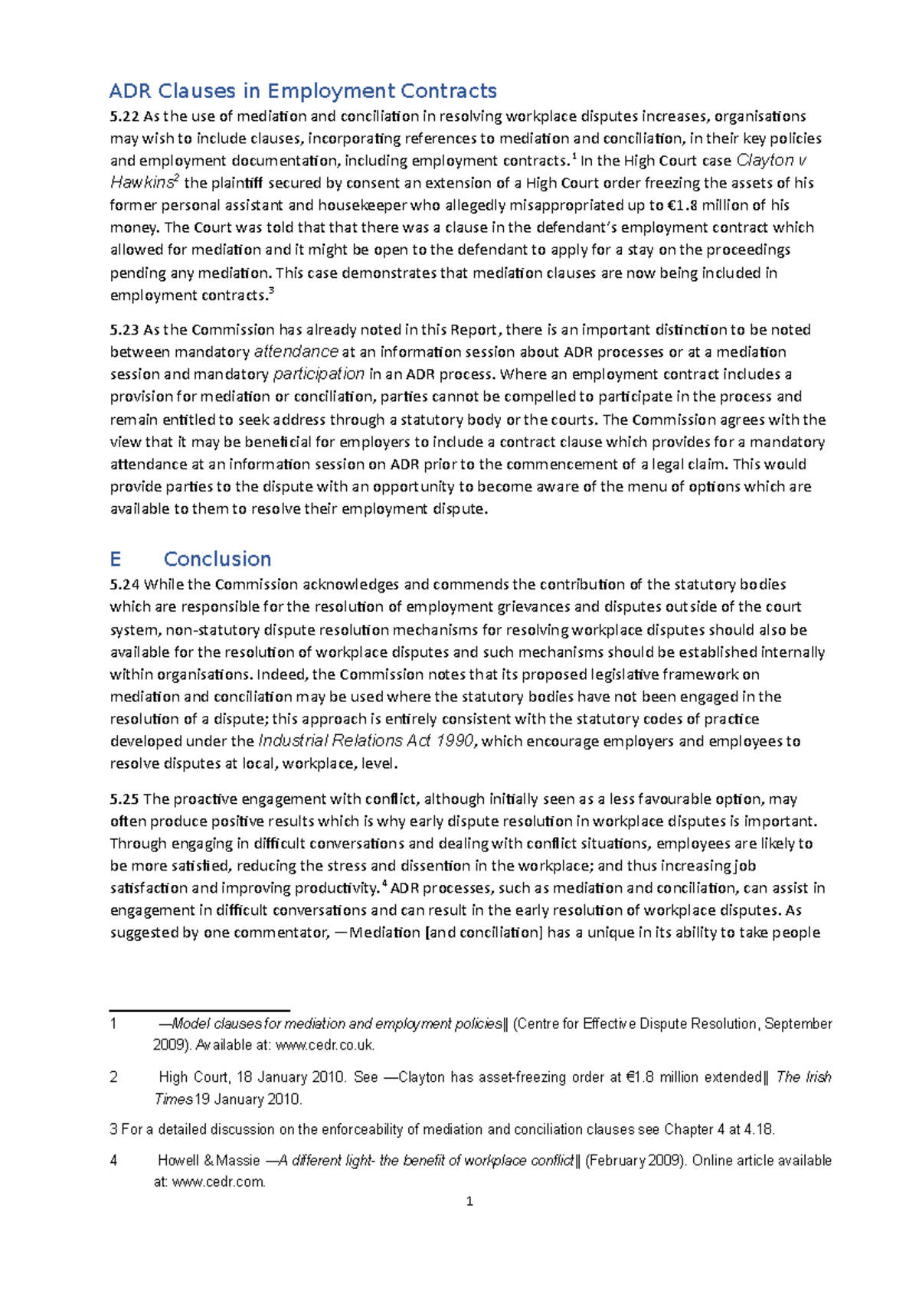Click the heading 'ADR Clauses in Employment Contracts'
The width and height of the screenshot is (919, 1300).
[x=303, y=91]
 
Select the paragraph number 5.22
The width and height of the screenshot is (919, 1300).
[x=124, y=116]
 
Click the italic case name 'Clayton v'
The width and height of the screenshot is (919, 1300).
[x=770, y=161]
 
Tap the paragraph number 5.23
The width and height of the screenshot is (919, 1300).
[x=124, y=330]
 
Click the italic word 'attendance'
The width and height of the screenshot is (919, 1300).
[x=296, y=352]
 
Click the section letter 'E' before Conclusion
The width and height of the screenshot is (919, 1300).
[x=116, y=559]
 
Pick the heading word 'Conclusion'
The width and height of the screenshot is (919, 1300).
[x=217, y=559]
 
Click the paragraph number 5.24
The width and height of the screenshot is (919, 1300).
[x=124, y=585]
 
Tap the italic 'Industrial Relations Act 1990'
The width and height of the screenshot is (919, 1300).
[x=366, y=741]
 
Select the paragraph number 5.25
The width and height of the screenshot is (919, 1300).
[x=124, y=799]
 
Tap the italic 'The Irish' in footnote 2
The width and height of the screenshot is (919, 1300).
[x=803, y=1077]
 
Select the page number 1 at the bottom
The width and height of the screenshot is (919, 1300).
[x=469, y=1202]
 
